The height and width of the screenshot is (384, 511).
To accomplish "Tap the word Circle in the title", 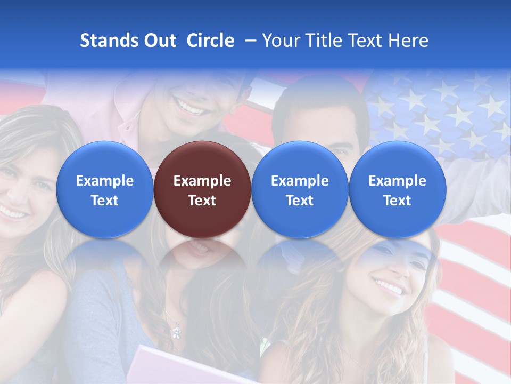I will [210, 41].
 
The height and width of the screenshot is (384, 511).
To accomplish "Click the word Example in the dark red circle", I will [202, 181].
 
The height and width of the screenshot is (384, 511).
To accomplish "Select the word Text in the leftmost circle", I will [105, 201].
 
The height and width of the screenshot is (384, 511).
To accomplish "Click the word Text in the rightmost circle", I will [397, 201].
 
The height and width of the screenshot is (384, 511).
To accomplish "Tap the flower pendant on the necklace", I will [176, 332].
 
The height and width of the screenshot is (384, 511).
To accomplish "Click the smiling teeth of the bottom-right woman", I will [389, 289].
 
